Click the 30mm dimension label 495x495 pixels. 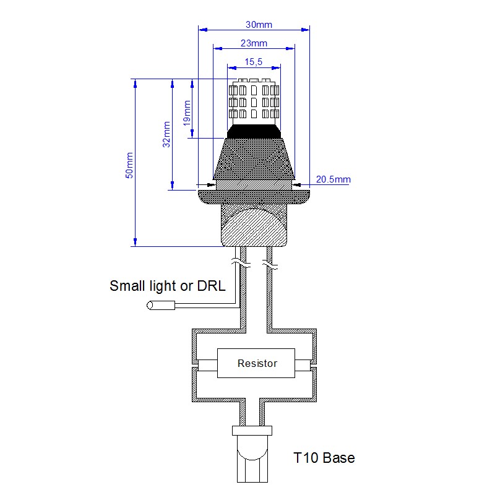(x=259, y=25)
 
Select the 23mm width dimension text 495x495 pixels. (x=253, y=43)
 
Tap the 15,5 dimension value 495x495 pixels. (x=254, y=61)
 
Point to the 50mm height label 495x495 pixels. (x=129, y=165)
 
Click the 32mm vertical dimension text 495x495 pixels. (x=166, y=134)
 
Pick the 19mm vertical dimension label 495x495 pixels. (x=187, y=113)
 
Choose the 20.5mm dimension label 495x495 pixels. (x=333, y=179)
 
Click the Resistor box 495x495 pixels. (x=257, y=363)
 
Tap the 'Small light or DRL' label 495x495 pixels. (x=167, y=286)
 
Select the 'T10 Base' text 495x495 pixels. (x=324, y=458)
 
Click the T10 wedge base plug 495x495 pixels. (x=254, y=458)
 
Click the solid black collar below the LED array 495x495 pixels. (x=254, y=131)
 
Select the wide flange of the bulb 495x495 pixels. (x=254, y=196)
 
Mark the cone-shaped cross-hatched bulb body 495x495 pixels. (x=254, y=161)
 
